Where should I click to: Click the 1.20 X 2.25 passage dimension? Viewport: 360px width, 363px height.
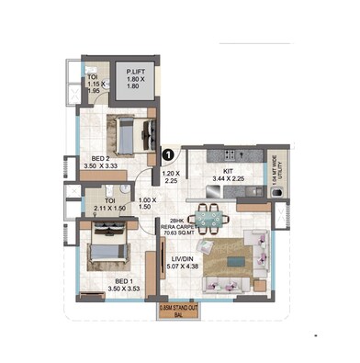pos(172,177)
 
